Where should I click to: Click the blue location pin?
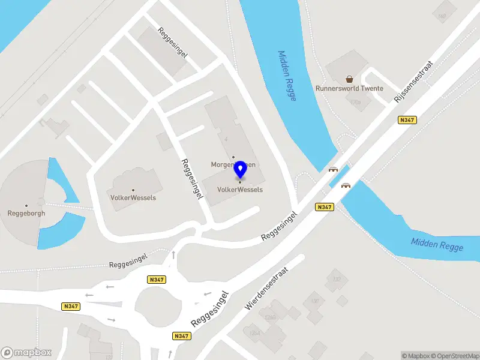tap(241, 170)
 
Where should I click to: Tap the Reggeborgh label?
tap(26, 213)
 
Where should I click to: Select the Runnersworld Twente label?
tap(349, 89)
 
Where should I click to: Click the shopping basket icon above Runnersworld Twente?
tap(349, 79)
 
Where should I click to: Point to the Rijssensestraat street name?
tap(413, 82)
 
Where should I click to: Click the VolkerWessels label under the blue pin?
tap(240, 190)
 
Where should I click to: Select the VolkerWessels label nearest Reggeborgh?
tap(133, 197)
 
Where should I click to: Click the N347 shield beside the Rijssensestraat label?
tap(407, 120)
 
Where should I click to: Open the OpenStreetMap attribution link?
tap(453, 356)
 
